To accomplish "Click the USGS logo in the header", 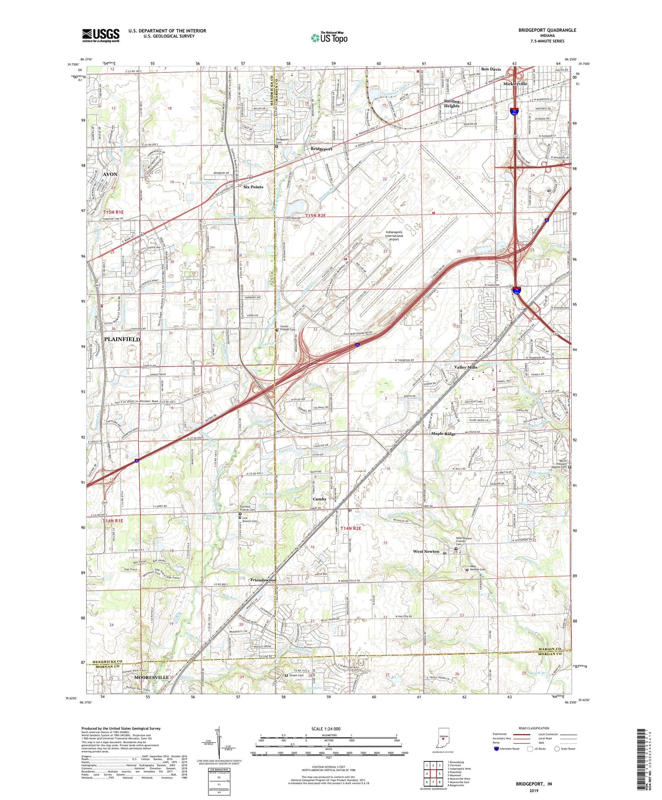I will click(100, 35).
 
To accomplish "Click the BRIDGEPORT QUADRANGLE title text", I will click(547, 30).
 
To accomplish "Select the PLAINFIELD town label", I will click(122, 339).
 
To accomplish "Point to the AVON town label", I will click(110, 175).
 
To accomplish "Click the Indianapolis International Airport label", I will click(394, 236).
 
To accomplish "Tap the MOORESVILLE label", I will click(151, 677).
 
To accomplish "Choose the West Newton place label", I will click(426, 551).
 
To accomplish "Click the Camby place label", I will click(319, 499).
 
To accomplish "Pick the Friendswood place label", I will click(263, 580).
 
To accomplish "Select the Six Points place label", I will click(253, 187).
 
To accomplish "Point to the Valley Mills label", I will click(465, 367).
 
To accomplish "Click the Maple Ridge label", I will click(443, 433).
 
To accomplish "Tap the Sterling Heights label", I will click(451, 104).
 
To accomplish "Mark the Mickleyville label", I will click(515, 84).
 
